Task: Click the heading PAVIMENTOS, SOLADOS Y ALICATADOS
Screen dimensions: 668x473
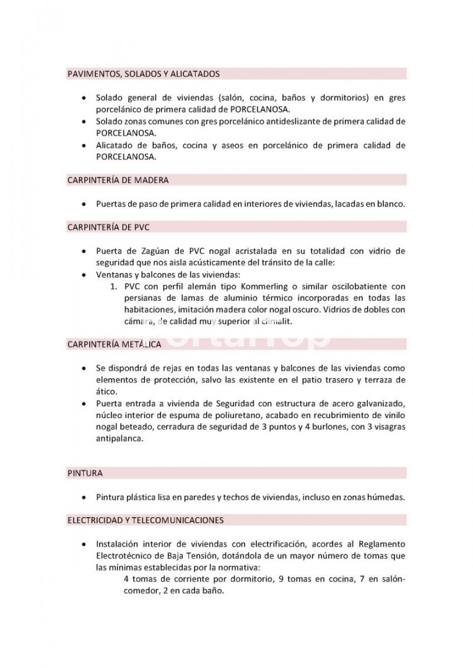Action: [x=143, y=74]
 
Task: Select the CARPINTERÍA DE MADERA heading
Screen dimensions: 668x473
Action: [x=118, y=180]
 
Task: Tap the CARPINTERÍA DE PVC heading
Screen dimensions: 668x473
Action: [x=108, y=227]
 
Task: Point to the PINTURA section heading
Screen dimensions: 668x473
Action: [x=85, y=473]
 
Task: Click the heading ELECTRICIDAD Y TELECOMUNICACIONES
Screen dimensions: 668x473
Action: [x=145, y=520]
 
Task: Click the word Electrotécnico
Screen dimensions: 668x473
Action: [x=126, y=555]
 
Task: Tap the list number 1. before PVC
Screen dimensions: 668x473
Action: [x=114, y=286]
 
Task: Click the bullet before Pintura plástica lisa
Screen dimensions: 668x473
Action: [x=84, y=497]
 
